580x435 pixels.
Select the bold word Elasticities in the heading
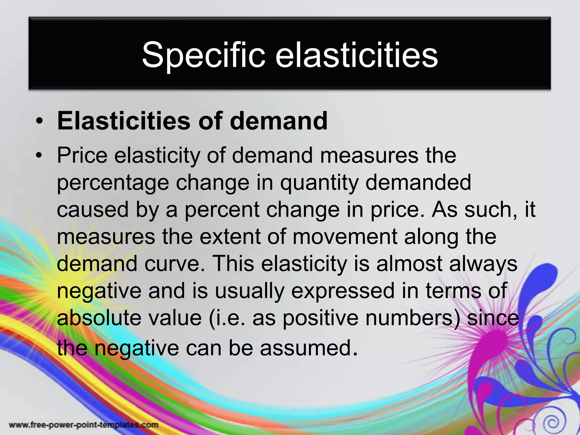point(123,121)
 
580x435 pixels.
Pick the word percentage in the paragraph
point(113,183)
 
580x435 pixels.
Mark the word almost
point(409,264)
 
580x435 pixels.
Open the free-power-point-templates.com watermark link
point(84,425)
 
